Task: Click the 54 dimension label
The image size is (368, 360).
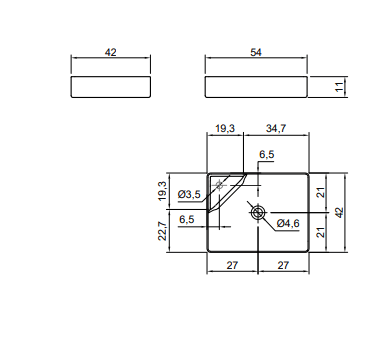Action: tap(256, 52)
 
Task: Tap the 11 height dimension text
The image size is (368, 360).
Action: tap(339, 87)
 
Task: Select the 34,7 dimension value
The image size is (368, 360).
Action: tap(276, 128)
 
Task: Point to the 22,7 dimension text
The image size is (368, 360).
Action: tap(162, 231)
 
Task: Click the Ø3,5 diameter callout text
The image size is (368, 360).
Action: tap(189, 194)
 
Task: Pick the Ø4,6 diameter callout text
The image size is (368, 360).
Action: tap(288, 223)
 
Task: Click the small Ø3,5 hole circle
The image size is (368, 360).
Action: tap(219, 184)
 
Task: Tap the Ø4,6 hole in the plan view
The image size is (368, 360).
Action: tap(258, 212)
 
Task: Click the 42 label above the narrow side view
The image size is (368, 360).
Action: tap(111, 52)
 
